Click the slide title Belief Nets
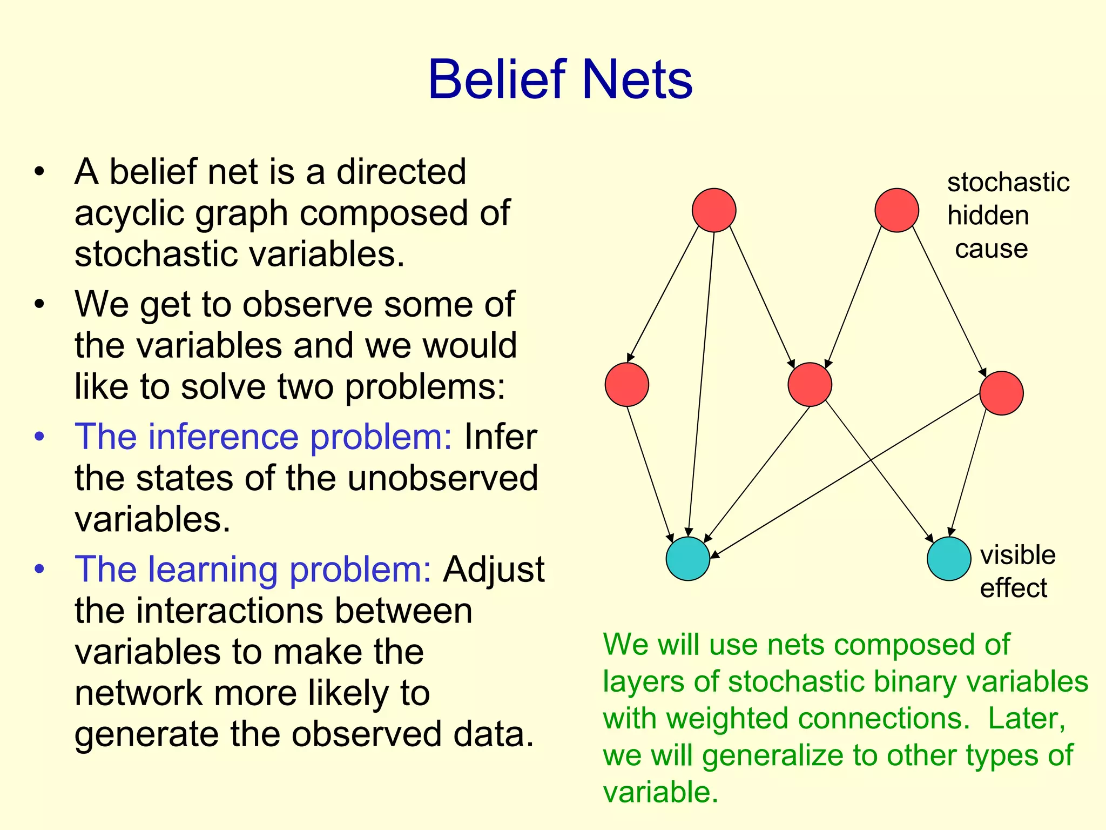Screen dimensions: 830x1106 pyautogui.click(x=560, y=80)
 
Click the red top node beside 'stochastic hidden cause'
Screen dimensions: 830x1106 pyautogui.click(x=896, y=210)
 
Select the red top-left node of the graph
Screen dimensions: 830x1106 pyautogui.click(x=713, y=210)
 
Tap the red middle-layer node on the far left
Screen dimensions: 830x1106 pyautogui.click(x=626, y=384)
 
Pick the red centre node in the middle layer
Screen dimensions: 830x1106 pyautogui.click(x=810, y=384)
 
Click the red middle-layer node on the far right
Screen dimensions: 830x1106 pyautogui.click(x=1001, y=393)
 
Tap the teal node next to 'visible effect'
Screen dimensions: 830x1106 pyautogui.click(x=949, y=559)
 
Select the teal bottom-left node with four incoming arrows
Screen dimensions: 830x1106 pyautogui.click(x=687, y=559)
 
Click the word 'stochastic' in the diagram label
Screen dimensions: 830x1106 pyautogui.click(x=1008, y=182)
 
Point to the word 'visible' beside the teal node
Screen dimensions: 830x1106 pyautogui.click(x=1017, y=555)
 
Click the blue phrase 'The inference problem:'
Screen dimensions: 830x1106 pyautogui.click(x=263, y=437)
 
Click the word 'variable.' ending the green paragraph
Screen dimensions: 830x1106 pyautogui.click(x=660, y=792)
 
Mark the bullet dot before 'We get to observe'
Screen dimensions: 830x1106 pyautogui.click(x=39, y=305)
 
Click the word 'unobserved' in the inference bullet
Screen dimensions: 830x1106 pyautogui.click(x=442, y=478)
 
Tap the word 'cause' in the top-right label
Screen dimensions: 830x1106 pyautogui.click(x=991, y=249)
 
